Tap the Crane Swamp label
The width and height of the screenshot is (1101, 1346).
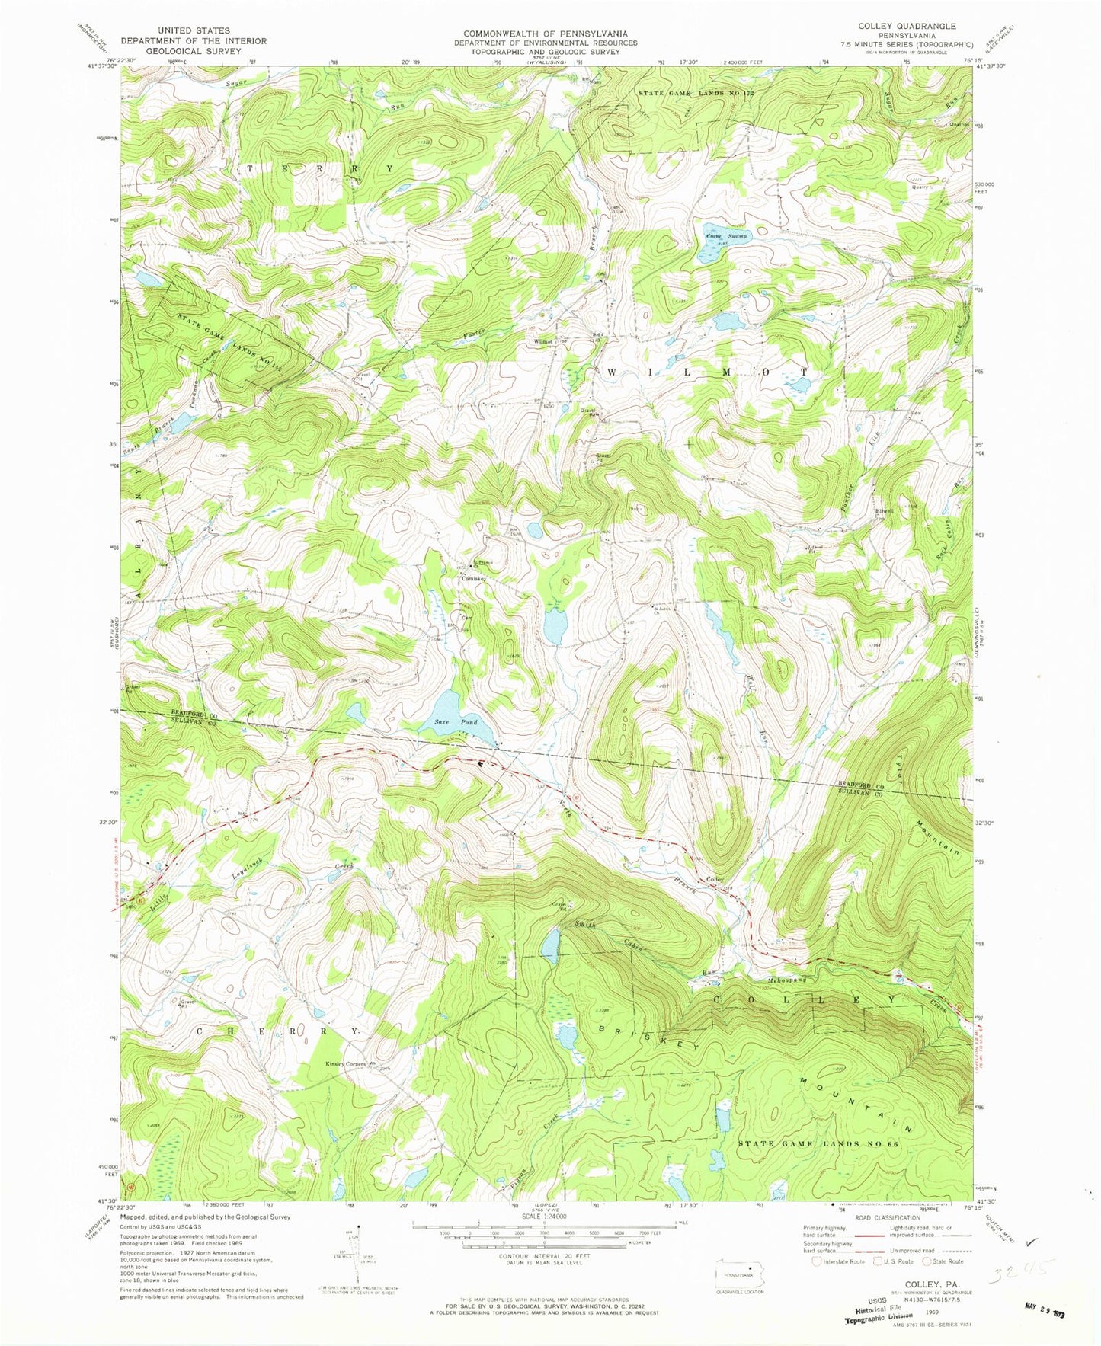(726, 237)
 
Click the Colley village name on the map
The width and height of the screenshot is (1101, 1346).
(715, 880)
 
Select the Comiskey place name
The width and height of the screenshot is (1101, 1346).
(474, 579)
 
